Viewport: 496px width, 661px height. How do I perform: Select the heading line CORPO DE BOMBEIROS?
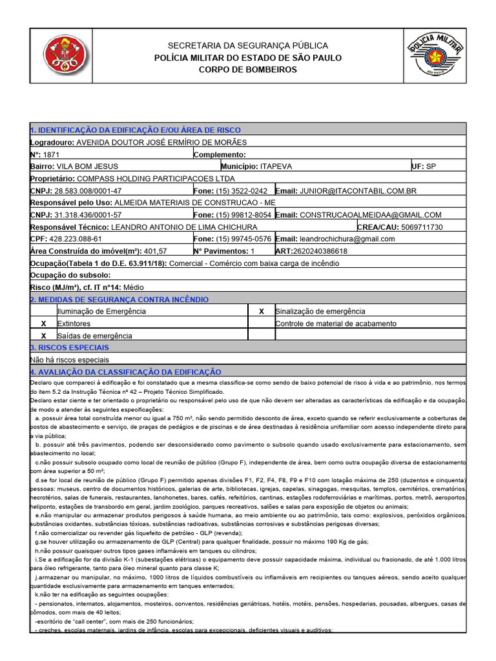click(x=247, y=70)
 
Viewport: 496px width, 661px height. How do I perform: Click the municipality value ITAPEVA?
click(x=276, y=167)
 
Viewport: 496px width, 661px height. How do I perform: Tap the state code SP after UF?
click(x=431, y=167)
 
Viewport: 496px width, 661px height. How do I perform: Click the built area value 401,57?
click(x=155, y=251)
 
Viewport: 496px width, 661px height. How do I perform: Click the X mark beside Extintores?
click(x=44, y=323)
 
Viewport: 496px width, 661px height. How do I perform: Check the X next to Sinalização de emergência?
click(x=262, y=311)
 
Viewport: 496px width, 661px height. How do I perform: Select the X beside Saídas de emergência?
click(x=44, y=336)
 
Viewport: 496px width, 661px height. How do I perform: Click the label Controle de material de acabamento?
click(x=336, y=323)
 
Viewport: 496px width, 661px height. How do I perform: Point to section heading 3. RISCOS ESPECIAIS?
click(x=71, y=348)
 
